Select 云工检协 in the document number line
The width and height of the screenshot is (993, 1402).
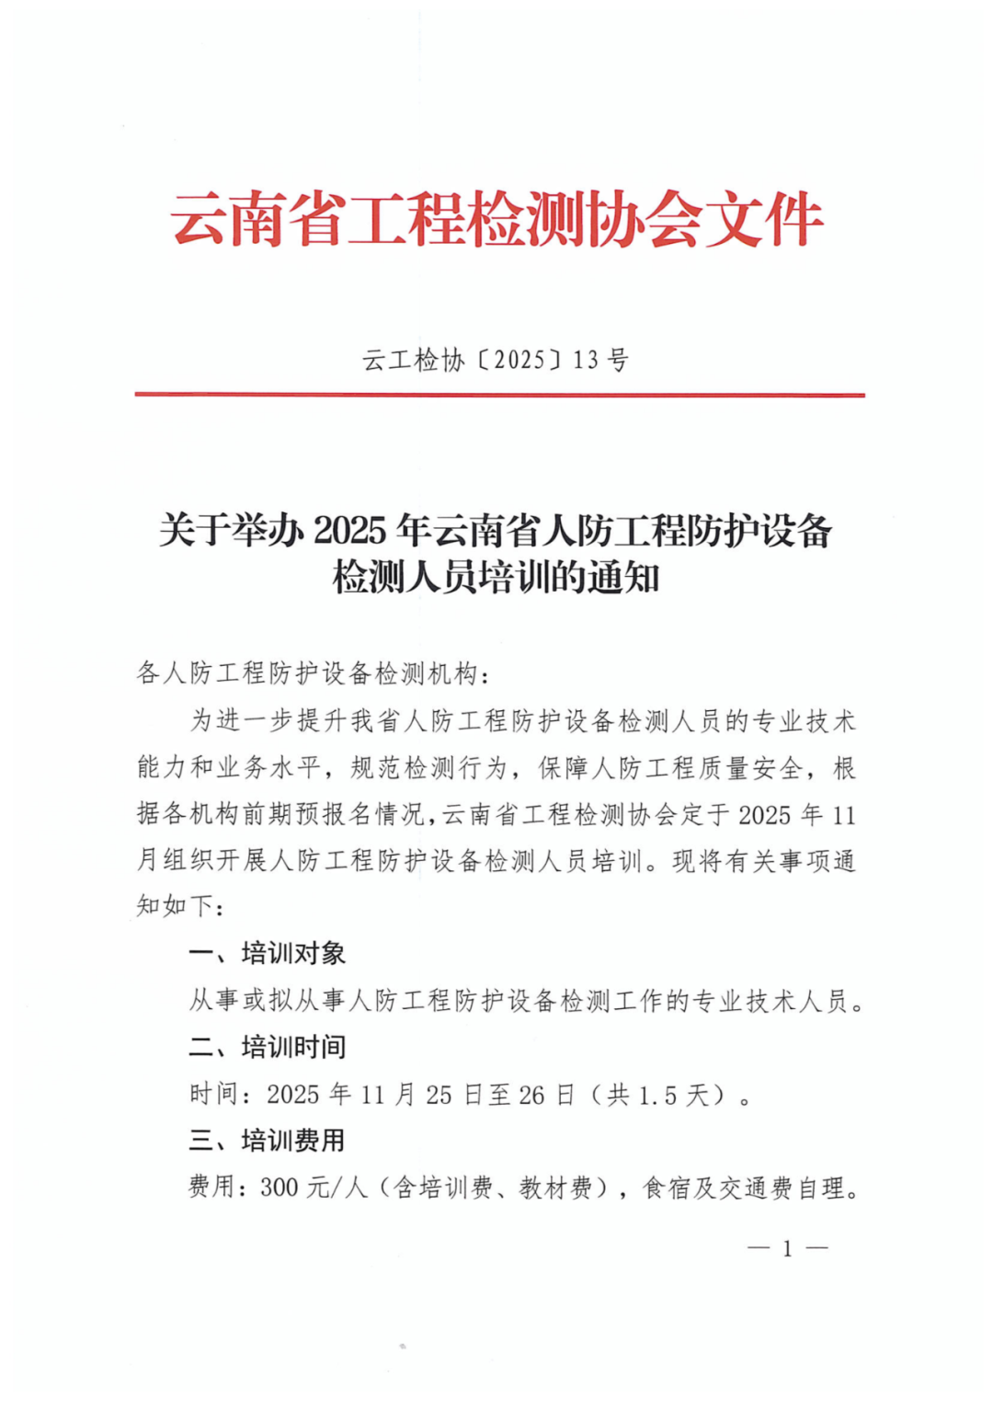[x=414, y=360]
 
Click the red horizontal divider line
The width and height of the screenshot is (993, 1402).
[x=499, y=395]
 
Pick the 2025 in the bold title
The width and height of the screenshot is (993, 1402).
[x=349, y=531]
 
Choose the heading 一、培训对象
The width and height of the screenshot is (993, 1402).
[x=267, y=953]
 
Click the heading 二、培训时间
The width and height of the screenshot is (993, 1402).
[x=267, y=1047]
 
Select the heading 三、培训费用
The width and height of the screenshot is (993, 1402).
[x=267, y=1141]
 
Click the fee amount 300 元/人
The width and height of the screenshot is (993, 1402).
[x=314, y=1188]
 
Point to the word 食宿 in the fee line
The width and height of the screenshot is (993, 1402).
[x=667, y=1188]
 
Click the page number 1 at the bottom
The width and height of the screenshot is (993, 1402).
[x=787, y=1248]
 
